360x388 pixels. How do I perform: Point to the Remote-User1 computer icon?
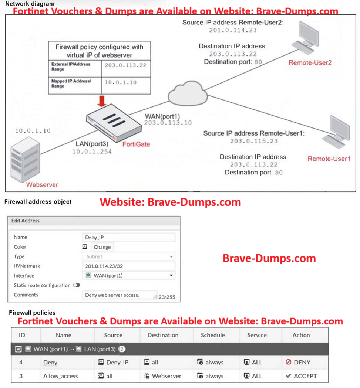337,132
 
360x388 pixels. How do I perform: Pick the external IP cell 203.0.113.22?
125,65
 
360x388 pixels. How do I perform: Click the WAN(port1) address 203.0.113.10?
168,123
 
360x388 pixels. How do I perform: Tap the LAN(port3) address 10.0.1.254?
92,151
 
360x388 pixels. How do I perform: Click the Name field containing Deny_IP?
128,237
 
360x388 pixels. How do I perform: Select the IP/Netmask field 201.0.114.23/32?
128,266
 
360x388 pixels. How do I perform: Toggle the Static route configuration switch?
77,285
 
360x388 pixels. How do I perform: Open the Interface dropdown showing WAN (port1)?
128,276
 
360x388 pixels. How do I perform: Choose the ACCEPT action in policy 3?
301,376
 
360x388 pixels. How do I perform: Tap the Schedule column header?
213,335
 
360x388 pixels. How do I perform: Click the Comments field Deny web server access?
118,295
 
